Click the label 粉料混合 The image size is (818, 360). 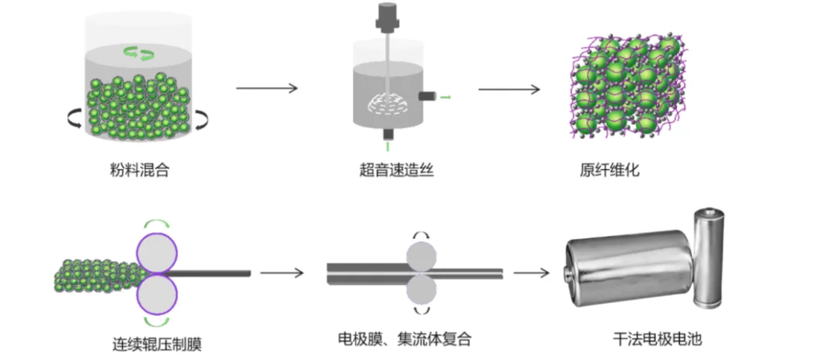139,170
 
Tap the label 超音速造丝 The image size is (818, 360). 396,170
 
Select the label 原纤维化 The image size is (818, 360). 610,170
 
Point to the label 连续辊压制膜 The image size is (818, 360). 157,344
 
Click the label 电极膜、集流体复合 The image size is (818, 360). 405,339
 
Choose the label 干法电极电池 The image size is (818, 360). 657,339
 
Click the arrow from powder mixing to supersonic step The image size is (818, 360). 267,88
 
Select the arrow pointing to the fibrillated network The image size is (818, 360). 509,89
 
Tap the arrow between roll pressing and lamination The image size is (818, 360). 282,273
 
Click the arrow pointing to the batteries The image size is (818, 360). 531,273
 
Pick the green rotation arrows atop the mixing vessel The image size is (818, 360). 138,53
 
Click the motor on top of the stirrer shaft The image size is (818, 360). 387,18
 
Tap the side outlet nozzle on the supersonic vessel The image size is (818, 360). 426,96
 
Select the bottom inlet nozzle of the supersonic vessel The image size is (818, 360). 388,134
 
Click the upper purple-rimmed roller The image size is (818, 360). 157,254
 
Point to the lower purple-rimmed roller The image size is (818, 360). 157,295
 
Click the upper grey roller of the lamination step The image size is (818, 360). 421,256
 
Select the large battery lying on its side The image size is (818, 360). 629,268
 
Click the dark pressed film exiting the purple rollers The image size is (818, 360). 210,273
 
